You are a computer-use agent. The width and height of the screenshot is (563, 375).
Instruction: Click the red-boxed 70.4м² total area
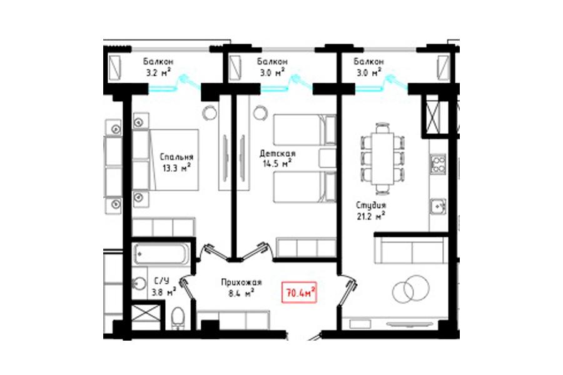[x=300, y=292]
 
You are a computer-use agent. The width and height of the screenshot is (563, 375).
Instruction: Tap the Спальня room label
[x=176, y=157]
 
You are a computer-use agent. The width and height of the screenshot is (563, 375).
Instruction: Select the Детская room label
[x=278, y=154]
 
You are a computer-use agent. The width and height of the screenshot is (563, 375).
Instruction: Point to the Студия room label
[x=371, y=206]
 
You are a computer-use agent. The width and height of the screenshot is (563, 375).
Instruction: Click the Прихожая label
[x=241, y=282]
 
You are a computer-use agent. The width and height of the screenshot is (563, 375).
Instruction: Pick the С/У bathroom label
[x=161, y=280]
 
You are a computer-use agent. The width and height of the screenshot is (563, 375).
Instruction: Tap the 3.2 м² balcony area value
[x=158, y=72]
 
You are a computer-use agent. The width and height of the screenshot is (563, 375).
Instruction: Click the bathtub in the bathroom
[x=161, y=253]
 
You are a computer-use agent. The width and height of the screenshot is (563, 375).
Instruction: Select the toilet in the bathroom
[x=178, y=317]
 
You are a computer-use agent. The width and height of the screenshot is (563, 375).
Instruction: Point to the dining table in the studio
[x=383, y=158]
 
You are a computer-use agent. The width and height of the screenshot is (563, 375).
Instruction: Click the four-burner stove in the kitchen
[x=439, y=164]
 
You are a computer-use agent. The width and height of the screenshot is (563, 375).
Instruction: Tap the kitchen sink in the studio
[x=439, y=206]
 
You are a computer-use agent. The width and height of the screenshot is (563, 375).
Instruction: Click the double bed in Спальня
[x=166, y=160]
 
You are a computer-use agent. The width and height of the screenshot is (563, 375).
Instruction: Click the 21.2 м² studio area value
[x=370, y=216]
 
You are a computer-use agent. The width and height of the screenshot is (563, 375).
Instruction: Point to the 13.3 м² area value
[x=176, y=168]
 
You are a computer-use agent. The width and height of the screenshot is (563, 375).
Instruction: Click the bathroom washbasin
[x=139, y=284]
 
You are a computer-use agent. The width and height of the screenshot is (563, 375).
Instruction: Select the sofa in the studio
[x=411, y=251]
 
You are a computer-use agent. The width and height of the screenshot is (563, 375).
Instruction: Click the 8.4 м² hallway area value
[x=241, y=293]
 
